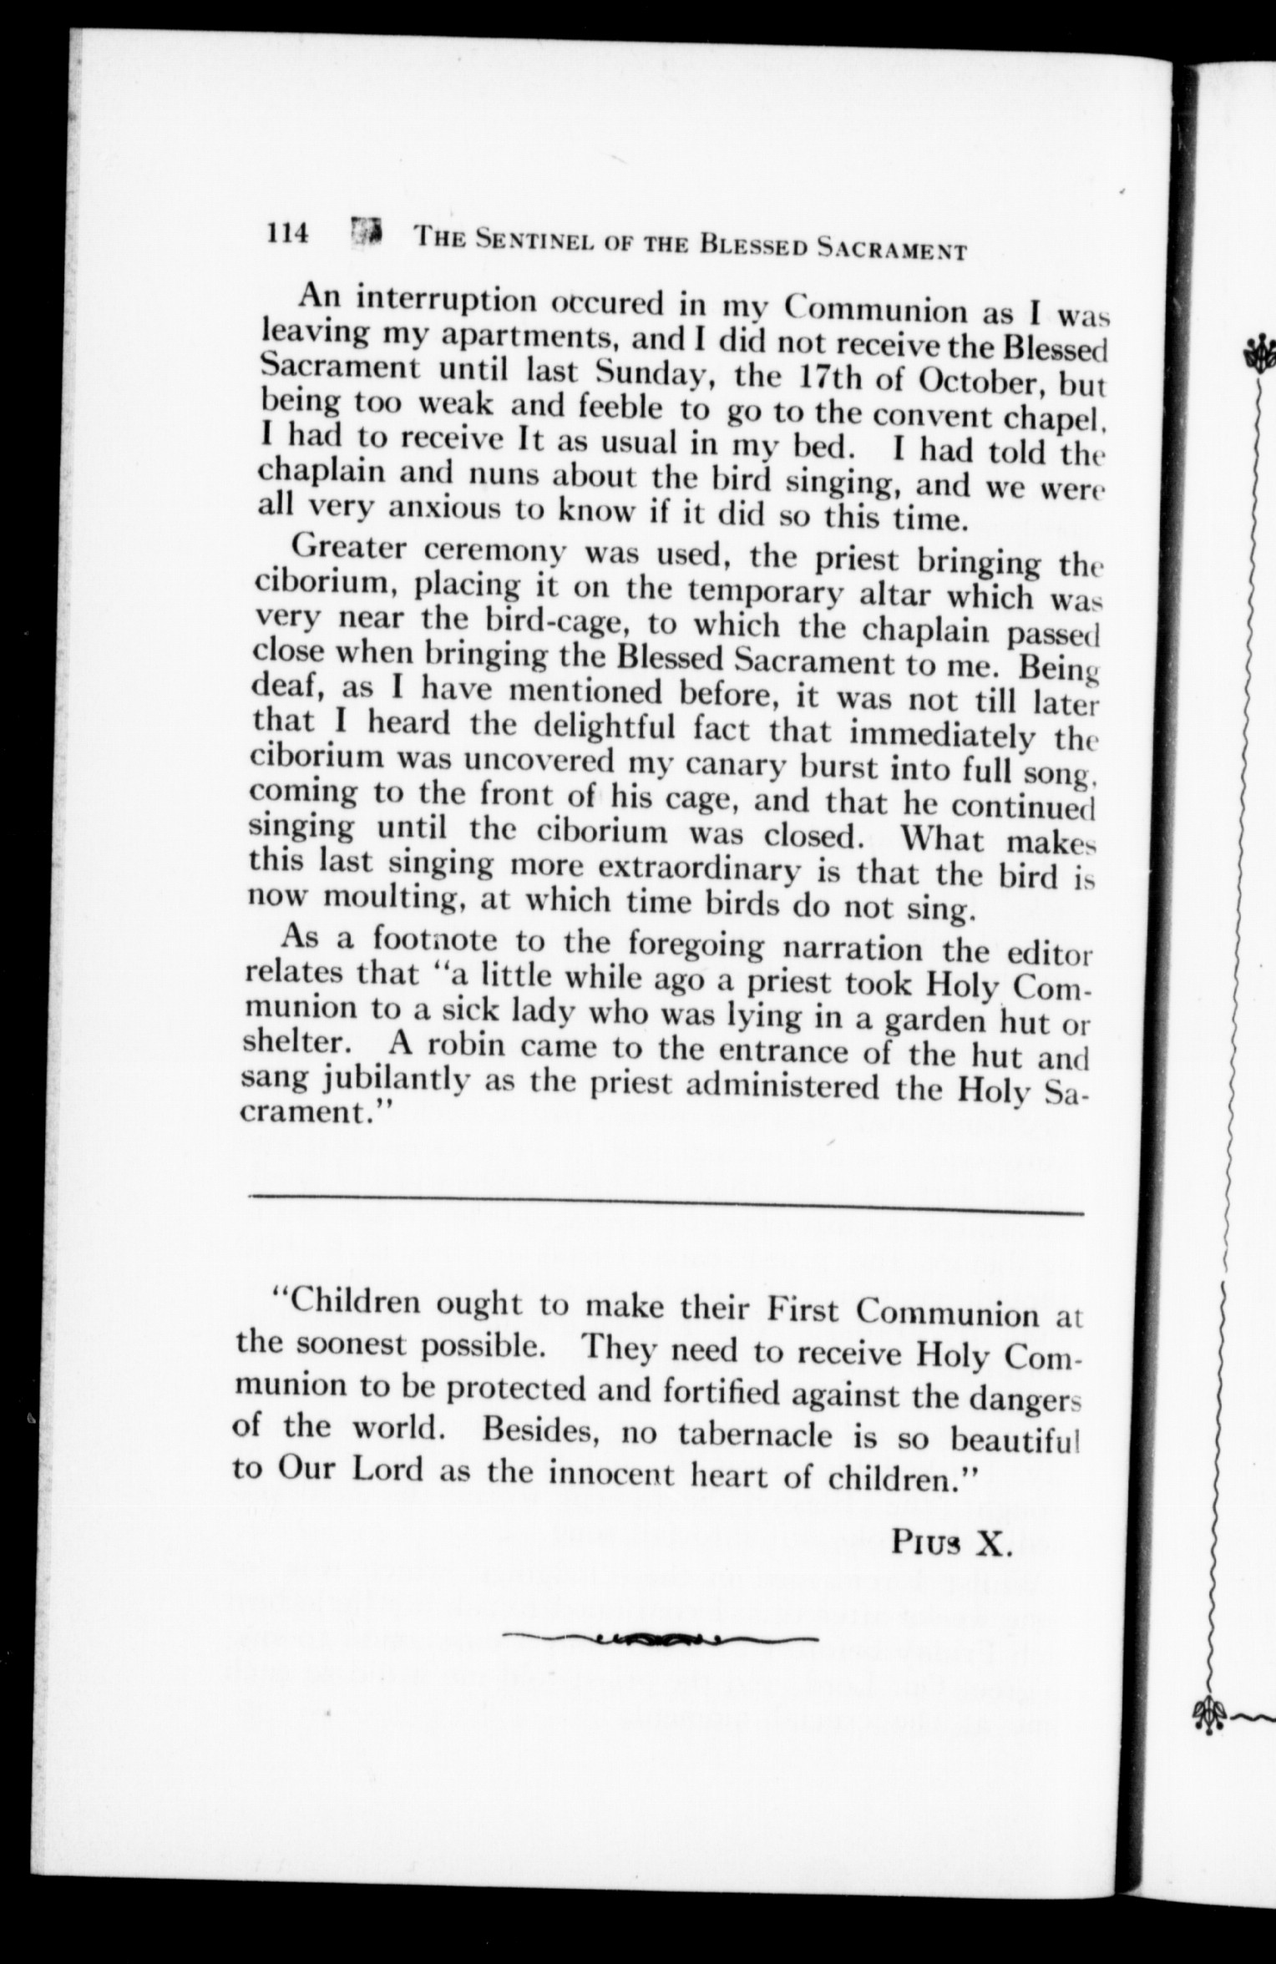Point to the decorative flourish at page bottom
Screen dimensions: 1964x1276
pos(659,1638)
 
